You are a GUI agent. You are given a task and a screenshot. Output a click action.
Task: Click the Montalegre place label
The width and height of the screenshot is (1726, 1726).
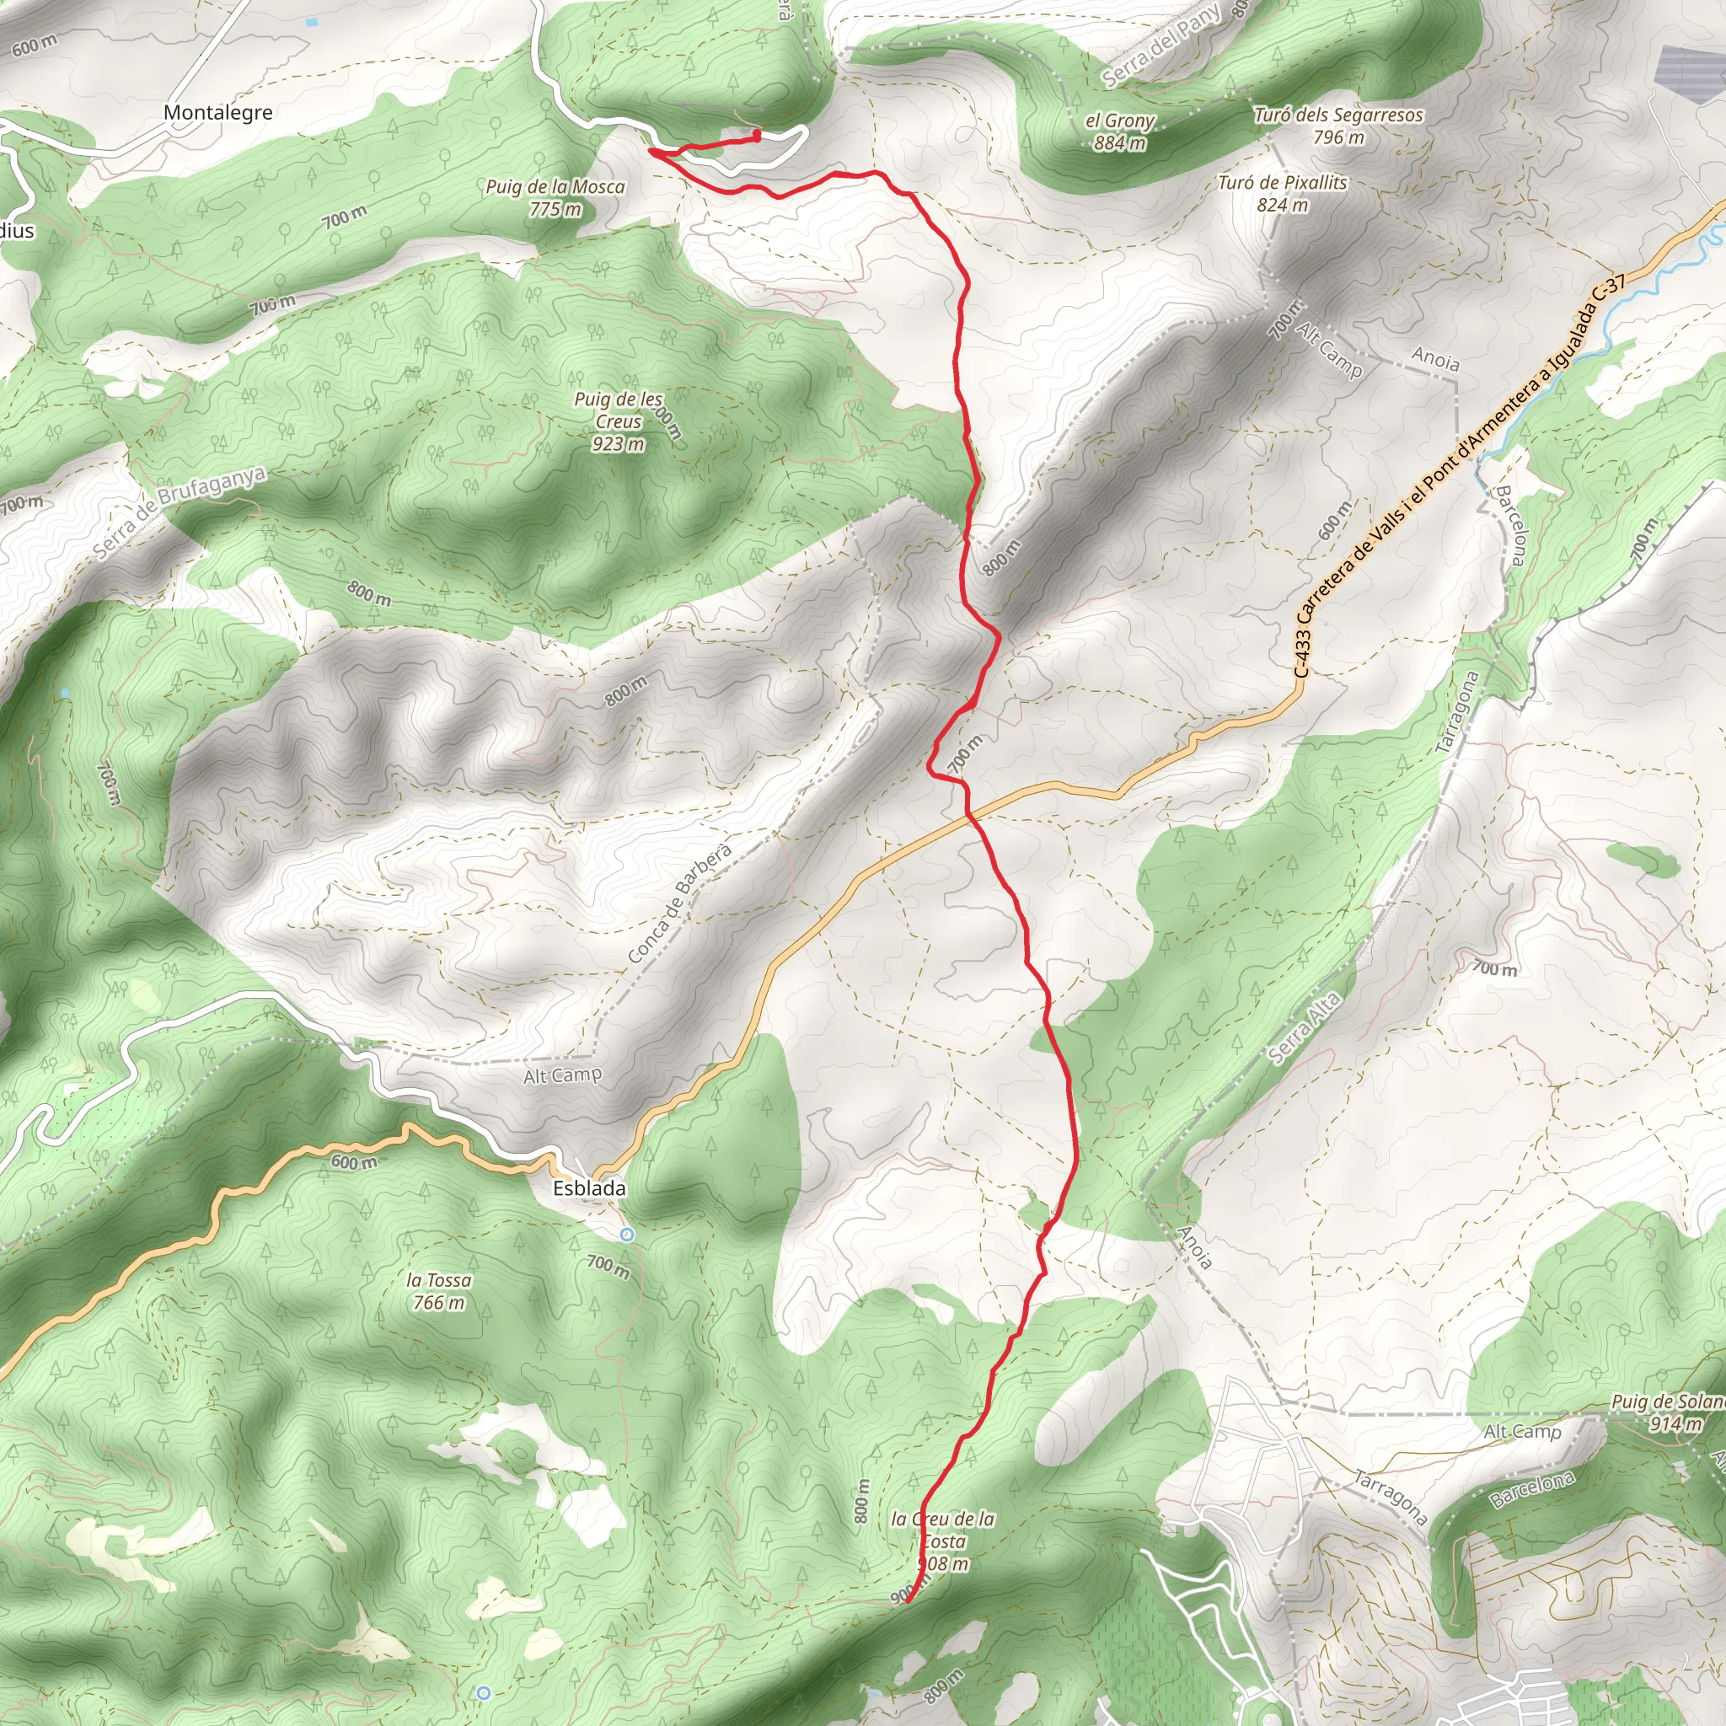coord(217,113)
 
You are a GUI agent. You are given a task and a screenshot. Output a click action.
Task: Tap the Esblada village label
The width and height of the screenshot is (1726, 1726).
coord(589,1188)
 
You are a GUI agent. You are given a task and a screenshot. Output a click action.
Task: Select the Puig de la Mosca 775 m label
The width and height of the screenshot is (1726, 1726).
coord(555,197)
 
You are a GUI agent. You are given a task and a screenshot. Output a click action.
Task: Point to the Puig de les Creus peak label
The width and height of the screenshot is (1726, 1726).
coord(619,421)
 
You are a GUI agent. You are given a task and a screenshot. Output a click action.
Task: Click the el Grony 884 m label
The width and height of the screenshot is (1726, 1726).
coord(1120,131)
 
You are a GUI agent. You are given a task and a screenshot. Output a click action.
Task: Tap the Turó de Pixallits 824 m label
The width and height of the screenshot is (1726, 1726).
coord(1282,193)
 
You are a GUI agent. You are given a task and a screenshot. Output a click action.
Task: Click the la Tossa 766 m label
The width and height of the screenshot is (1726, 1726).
coord(438,1291)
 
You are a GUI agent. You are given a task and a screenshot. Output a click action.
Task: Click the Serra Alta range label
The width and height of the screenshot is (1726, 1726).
coord(1305,1028)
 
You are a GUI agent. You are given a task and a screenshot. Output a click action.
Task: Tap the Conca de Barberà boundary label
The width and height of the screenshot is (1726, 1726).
coord(680,903)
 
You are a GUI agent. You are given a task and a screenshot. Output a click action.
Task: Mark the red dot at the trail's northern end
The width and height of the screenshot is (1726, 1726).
coord(757,135)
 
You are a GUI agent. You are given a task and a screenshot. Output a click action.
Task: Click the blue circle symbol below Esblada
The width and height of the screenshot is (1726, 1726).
coord(627,1234)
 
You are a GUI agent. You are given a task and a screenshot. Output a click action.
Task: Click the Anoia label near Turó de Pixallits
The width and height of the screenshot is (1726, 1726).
coord(1434,359)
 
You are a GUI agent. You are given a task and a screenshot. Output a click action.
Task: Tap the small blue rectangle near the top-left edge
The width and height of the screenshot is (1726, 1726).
coord(312,20)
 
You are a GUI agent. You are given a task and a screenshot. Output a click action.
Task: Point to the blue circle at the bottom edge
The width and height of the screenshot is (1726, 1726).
coord(483,1692)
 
